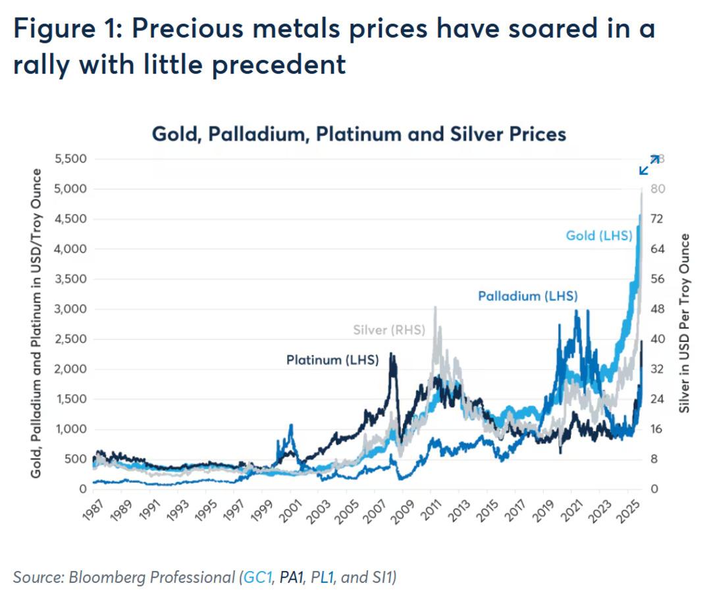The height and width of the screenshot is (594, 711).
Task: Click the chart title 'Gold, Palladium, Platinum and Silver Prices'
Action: pos(359,134)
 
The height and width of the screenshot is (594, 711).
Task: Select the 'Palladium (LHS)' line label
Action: pos(527,296)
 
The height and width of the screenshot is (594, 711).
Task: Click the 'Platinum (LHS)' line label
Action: pos(332,360)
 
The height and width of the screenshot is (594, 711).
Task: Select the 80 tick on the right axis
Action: pos(657,189)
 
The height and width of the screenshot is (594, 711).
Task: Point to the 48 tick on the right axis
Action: pos(657,309)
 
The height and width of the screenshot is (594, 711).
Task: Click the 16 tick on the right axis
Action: pos(656,429)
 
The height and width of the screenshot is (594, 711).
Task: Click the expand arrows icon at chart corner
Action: pos(649,164)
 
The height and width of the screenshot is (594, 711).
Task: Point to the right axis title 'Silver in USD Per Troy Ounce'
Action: pos(685,322)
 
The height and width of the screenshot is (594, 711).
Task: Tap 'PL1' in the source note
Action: pos(324,577)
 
